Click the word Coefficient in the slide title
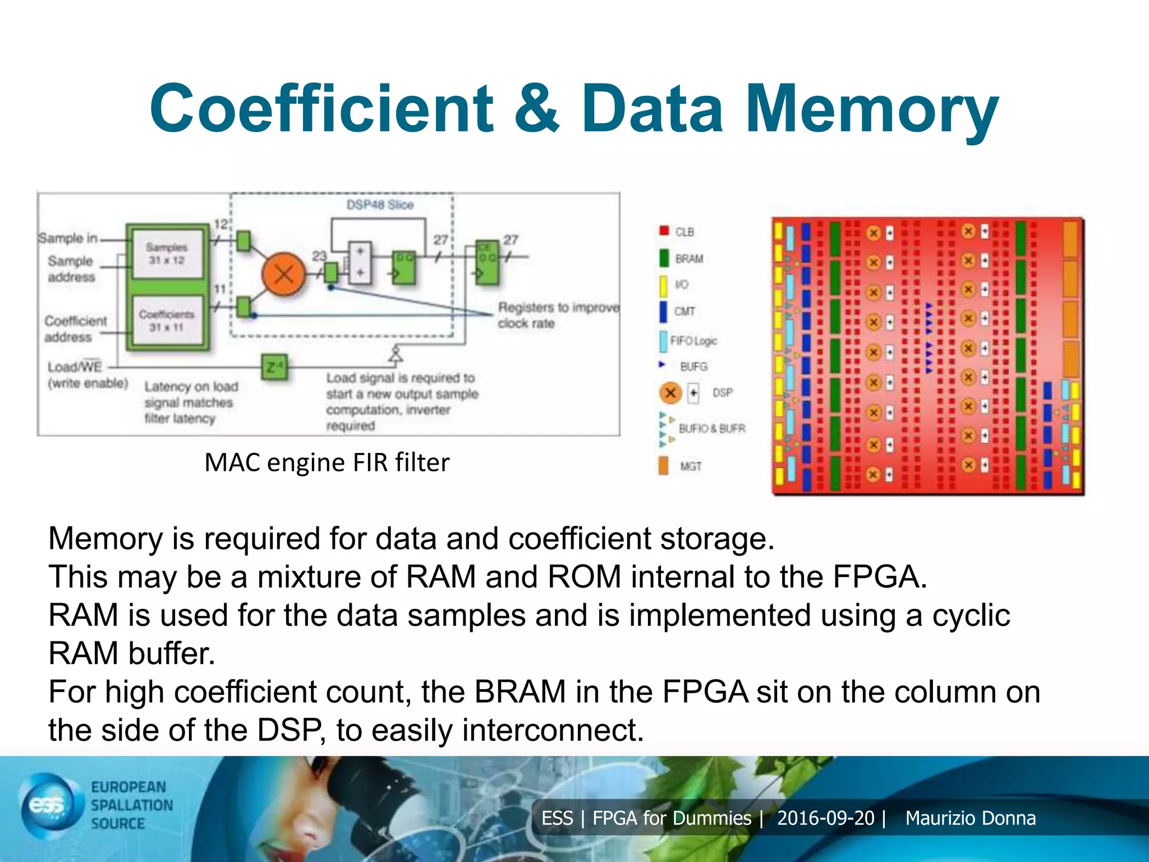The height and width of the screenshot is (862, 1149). point(321,108)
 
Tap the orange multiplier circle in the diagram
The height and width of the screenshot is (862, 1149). point(284,274)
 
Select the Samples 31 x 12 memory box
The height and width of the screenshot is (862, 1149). point(167,254)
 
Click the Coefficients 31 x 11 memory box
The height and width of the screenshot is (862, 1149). point(167,320)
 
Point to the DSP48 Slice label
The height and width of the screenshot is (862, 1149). point(380,205)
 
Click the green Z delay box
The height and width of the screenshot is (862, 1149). point(274,368)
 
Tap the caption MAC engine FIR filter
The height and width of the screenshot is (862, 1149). point(327,463)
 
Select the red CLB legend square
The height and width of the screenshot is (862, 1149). point(664,231)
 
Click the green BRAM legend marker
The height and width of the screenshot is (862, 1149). point(664,258)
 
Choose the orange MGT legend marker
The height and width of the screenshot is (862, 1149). point(663,466)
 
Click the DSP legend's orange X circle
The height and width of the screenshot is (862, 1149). point(670,393)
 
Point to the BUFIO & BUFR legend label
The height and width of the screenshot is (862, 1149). point(711,429)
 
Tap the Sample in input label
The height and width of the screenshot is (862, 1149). point(67,239)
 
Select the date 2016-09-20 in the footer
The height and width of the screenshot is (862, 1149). point(825,818)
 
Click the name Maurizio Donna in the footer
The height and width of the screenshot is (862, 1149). point(970,818)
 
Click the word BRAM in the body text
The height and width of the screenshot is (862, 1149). point(519,692)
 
